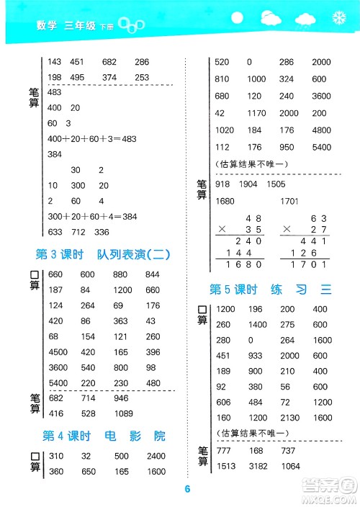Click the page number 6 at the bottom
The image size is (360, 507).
[x=186, y=490]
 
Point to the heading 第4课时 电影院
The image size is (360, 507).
[x=104, y=436]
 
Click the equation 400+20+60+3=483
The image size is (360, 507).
[x=91, y=138]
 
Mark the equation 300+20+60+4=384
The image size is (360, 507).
[x=91, y=216]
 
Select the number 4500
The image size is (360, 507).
[x=58, y=352]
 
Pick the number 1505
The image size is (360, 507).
[x=276, y=184]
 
